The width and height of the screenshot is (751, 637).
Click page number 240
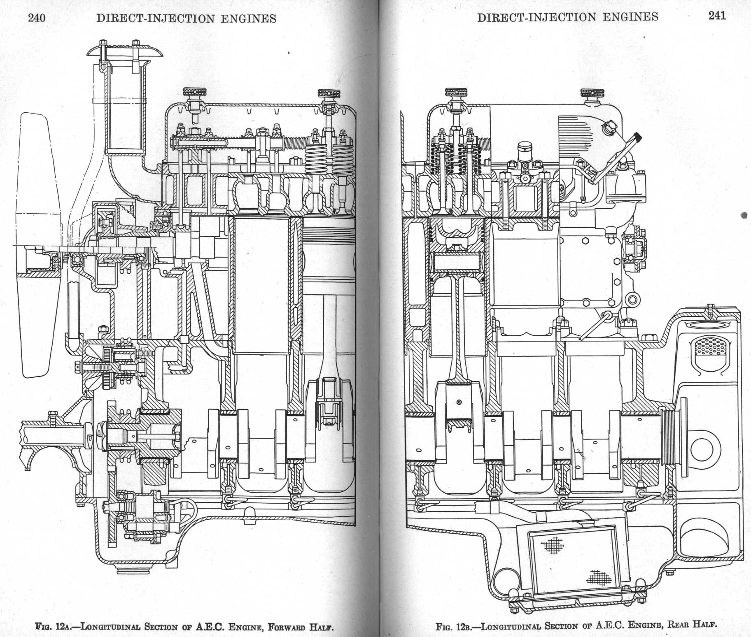36,18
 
